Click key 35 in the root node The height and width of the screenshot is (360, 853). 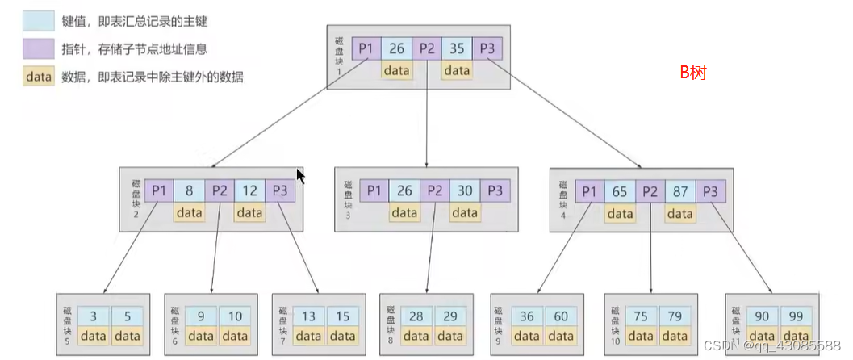(456, 48)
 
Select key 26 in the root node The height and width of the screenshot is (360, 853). (396, 48)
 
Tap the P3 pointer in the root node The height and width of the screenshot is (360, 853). (487, 48)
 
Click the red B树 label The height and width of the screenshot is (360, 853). (692, 73)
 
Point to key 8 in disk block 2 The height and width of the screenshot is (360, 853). (189, 191)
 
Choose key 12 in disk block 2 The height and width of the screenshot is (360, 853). (249, 191)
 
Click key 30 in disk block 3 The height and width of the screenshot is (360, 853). (465, 191)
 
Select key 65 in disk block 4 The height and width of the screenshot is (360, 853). (620, 191)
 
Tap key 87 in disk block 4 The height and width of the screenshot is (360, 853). (680, 191)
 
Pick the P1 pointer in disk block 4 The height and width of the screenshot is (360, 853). (589, 191)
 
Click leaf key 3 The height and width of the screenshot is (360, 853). (95, 316)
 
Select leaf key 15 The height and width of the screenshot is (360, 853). (342, 316)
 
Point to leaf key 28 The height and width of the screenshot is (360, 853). (416, 316)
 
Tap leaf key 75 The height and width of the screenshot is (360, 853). (640, 316)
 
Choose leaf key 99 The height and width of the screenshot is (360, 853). (797, 316)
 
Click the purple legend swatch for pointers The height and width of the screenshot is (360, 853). (37, 49)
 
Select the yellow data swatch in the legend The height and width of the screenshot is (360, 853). (37, 77)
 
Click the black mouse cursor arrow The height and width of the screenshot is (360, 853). (300, 175)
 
